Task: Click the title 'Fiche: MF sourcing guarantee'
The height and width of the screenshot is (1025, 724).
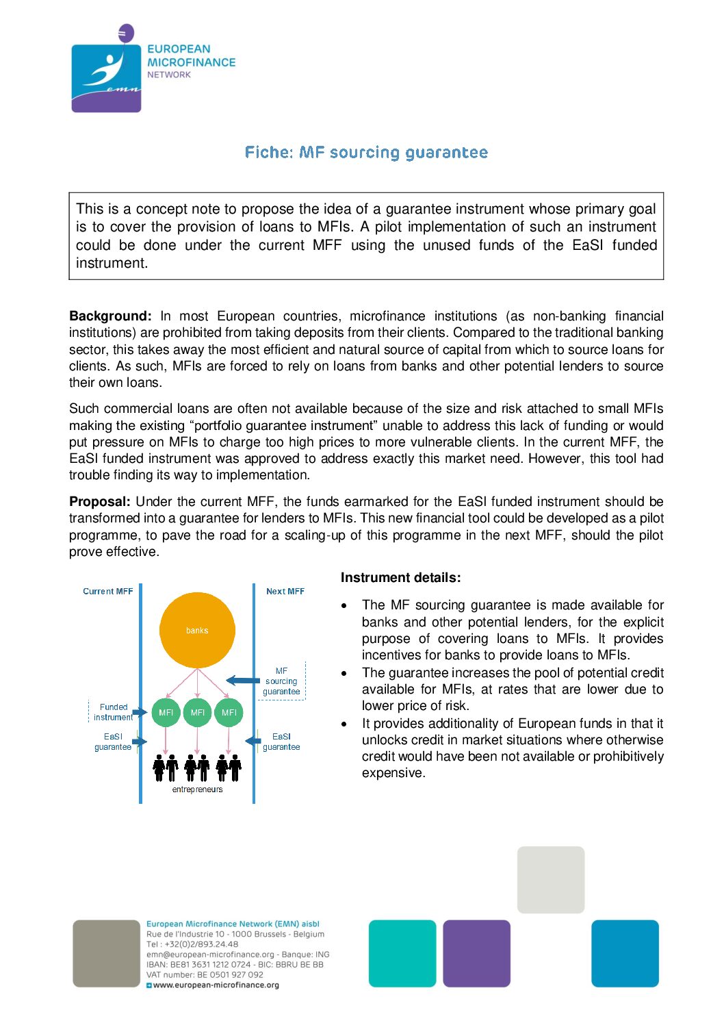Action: point(366,152)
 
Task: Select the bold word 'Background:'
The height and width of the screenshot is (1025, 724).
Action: point(110,316)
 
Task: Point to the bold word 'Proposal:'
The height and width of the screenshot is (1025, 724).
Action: point(100,502)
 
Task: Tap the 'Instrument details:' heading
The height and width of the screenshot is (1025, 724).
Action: point(400,578)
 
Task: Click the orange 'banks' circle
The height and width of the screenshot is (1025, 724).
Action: point(197,630)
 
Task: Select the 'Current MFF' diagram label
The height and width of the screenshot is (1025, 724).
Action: point(107,592)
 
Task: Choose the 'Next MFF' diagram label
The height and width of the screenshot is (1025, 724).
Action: point(285,592)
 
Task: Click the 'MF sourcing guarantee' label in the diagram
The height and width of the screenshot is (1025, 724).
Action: point(281,681)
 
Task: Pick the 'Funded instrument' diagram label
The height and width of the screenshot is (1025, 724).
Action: point(113,712)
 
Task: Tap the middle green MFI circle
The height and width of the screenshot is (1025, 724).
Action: point(197,713)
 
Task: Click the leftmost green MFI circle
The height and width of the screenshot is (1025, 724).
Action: point(166,713)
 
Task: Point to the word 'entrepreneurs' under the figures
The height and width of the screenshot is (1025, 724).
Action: point(197,789)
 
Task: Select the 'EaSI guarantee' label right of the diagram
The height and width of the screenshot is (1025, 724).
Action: point(281,742)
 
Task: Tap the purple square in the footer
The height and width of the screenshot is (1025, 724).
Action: point(476,953)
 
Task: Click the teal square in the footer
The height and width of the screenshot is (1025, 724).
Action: point(402,953)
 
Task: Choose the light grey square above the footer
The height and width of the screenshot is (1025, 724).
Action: point(551,880)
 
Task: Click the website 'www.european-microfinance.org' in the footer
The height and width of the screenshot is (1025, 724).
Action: point(216,985)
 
